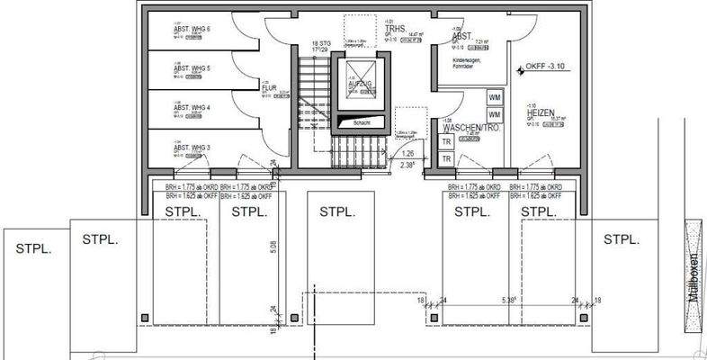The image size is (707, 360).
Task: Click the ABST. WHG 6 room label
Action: (x=192, y=30)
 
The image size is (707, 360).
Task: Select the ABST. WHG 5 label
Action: (x=192, y=68)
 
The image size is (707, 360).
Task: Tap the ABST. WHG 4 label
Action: (x=192, y=107)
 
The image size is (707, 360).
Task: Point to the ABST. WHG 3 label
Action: (x=192, y=147)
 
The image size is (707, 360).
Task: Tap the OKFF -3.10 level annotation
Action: (x=546, y=66)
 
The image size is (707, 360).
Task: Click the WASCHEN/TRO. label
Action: (x=470, y=129)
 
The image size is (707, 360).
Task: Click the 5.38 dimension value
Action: (x=509, y=301)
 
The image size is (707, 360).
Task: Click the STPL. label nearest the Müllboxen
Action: (x=622, y=239)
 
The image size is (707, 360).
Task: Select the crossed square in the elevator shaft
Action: (x=359, y=69)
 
